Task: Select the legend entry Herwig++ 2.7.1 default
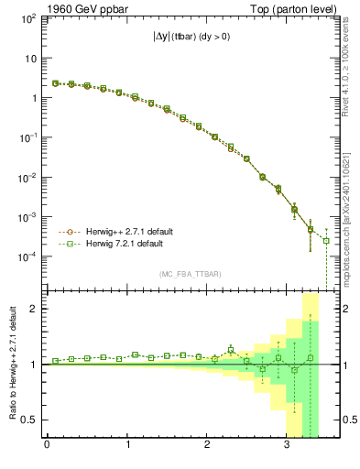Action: pos(119,232)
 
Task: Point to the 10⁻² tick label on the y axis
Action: pos(28,178)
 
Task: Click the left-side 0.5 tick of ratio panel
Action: pos(33,420)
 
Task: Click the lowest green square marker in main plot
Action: pos(326,241)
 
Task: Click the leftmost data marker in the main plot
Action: pos(56,83)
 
